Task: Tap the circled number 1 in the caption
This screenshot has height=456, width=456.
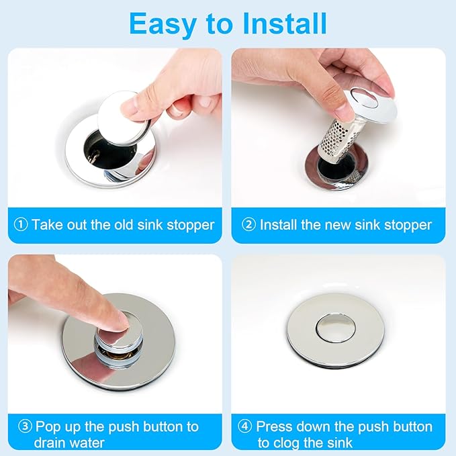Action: [x=20, y=225]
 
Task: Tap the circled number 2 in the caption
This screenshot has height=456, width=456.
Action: [x=249, y=225]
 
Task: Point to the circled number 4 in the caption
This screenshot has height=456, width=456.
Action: [x=245, y=426]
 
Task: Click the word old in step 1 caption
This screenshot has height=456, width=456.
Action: [x=124, y=225]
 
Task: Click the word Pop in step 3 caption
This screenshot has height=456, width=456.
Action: [x=49, y=426]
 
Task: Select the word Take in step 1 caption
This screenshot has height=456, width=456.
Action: [x=47, y=225]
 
